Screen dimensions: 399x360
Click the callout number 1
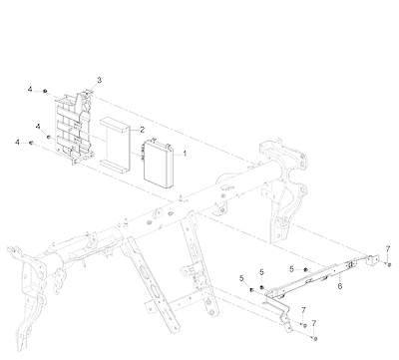click(185, 154)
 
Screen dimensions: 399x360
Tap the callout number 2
click(143, 130)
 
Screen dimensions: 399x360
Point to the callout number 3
click(99, 80)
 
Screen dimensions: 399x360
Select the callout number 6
click(340, 286)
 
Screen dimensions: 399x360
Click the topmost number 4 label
click(30, 90)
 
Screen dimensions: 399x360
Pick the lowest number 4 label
click(17, 143)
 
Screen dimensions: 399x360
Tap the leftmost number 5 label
click(241, 278)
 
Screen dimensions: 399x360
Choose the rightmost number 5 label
click(292, 269)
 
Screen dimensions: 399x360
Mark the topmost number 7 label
click(388, 248)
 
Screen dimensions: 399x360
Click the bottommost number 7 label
click(313, 323)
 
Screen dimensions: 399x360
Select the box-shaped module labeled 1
click(159, 164)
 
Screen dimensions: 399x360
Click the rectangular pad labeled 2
click(115, 146)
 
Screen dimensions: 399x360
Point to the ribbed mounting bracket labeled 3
click(74, 127)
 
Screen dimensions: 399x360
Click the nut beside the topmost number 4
click(45, 91)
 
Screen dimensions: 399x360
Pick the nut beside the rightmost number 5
click(305, 269)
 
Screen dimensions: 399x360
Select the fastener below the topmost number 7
click(389, 264)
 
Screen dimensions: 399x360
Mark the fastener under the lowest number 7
click(315, 339)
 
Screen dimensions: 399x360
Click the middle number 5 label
click(261, 272)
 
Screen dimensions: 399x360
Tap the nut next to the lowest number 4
click(31, 143)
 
